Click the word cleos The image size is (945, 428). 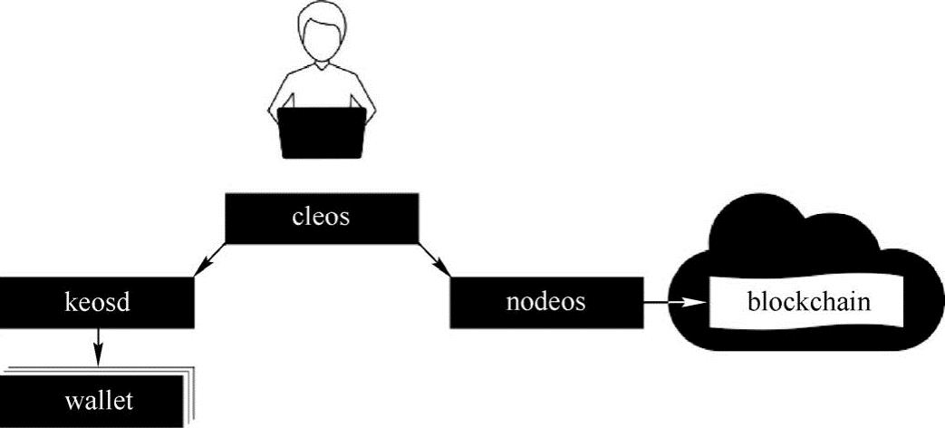[321, 217]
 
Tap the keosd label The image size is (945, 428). [97, 302]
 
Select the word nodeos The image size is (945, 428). [545, 301]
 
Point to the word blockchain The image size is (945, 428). [809, 301]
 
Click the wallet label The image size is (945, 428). [98, 401]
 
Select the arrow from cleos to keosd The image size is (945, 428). [209, 260]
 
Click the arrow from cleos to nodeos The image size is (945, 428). [434, 260]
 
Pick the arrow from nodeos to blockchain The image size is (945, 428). [674, 302]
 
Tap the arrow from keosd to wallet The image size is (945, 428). [98, 346]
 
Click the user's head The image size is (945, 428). [323, 37]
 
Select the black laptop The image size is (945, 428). [323, 133]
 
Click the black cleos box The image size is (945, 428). [322, 219]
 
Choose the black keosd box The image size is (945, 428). [96, 303]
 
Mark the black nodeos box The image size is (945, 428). [546, 303]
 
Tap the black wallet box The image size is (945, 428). [91, 402]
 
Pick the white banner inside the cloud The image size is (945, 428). [807, 302]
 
